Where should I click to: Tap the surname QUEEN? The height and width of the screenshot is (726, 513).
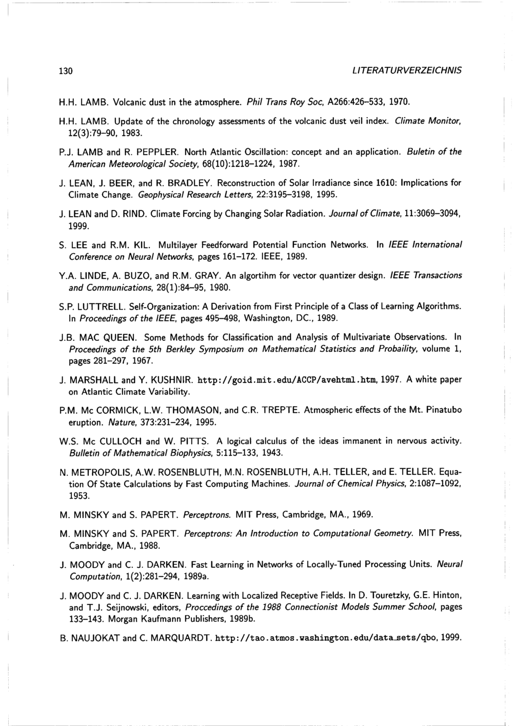(x=119, y=337)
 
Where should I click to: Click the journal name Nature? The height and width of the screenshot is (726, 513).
(x=120, y=422)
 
